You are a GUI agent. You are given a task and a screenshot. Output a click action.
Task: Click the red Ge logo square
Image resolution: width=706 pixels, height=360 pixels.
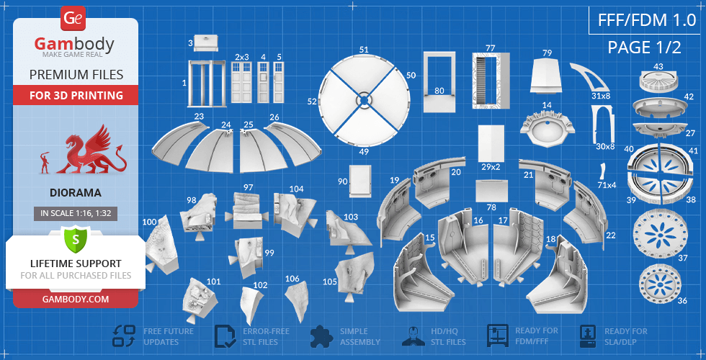click(x=73, y=19)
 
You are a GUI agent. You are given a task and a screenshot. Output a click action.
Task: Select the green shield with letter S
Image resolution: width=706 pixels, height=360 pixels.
click(x=75, y=240)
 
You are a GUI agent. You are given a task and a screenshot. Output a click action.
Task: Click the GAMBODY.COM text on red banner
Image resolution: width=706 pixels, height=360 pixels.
click(x=76, y=298)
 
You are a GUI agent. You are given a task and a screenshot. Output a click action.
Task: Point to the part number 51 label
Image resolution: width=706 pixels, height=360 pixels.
click(x=364, y=50)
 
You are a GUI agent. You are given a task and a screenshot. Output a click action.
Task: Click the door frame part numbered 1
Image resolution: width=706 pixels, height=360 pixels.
click(x=206, y=84)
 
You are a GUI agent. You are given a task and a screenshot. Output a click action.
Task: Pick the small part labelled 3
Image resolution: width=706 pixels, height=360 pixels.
click(x=206, y=42)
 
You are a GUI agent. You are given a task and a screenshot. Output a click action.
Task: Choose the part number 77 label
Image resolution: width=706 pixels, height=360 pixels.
click(x=491, y=48)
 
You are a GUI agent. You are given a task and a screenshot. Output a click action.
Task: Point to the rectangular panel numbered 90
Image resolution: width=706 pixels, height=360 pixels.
click(x=360, y=181)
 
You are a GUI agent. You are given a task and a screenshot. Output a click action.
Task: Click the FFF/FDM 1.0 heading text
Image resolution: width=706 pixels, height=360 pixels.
click(x=647, y=21)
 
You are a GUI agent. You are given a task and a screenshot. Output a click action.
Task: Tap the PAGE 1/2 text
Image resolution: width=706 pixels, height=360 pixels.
click(x=644, y=47)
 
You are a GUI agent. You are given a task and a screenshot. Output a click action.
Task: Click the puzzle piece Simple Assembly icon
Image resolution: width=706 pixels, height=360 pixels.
click(x=322, y=336)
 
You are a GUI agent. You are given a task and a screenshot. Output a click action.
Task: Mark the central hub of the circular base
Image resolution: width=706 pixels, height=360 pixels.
click(x=363, y=100)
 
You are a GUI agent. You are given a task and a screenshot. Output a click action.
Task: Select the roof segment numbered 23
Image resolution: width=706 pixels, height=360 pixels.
click(x=180, y=144)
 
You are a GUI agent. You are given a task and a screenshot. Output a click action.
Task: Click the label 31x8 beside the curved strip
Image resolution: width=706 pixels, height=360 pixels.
click(x=601, y=95)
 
